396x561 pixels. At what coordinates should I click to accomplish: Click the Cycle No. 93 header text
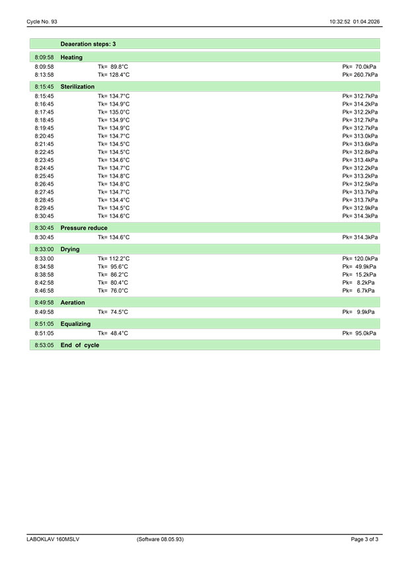(42, 22)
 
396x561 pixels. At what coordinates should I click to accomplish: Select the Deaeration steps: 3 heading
(88, 44)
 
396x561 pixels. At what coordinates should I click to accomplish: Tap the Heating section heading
(71, 58)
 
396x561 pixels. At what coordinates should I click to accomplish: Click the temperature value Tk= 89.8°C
(113, 67)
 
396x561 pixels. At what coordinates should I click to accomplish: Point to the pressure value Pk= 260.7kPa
(360, 75)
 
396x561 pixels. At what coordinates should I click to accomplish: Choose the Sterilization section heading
(77, 87)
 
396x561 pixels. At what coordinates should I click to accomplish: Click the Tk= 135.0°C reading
(114, 112)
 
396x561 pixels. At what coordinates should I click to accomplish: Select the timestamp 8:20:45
(44, 136)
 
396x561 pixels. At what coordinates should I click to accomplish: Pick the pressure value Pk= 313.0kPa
(360, 136)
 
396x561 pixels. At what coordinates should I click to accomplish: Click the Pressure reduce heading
(84, 228)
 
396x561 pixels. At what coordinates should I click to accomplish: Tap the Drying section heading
(70, 249)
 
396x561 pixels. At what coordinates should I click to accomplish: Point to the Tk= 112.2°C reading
(114, 258)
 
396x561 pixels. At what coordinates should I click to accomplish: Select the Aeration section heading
(73, 302)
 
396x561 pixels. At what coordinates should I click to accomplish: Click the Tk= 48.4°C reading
(113, 333)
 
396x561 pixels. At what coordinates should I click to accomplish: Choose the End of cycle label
(79, 345)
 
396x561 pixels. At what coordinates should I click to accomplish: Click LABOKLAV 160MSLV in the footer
(53, 540)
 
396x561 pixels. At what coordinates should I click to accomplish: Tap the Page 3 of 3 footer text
(364, 540)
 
